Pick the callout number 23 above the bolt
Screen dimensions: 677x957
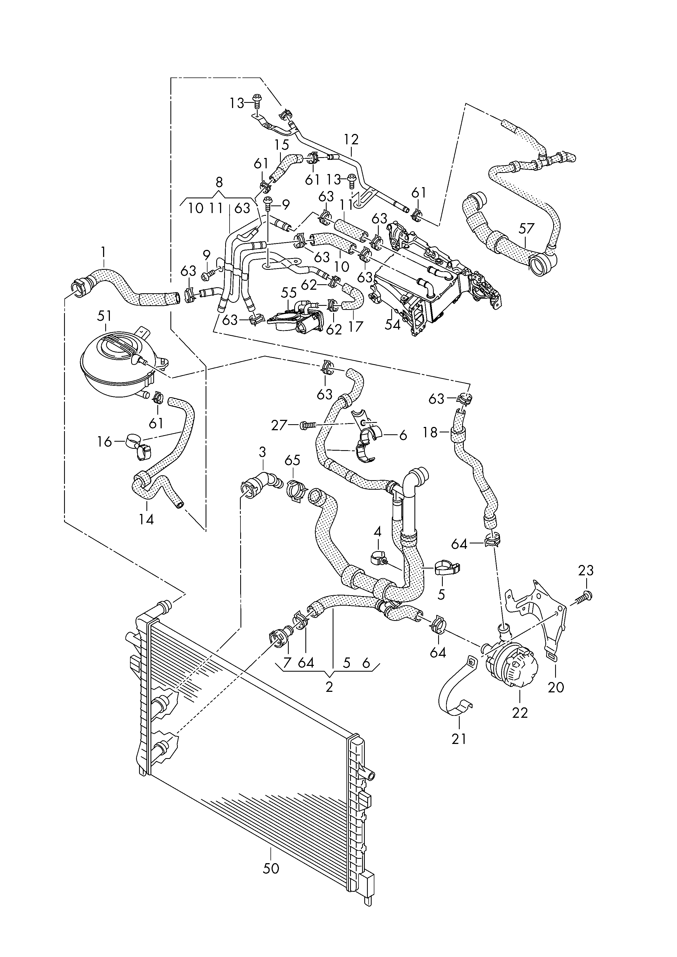(x=586, y=570)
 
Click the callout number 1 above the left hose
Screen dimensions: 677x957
(x=104, y=252)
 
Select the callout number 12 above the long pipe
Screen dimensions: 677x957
(x=351, y=139)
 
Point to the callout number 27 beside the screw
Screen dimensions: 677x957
(x=279, y=425)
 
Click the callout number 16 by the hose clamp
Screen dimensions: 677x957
(x=105, y=442)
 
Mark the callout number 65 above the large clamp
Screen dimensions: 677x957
(x=293, y=460)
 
